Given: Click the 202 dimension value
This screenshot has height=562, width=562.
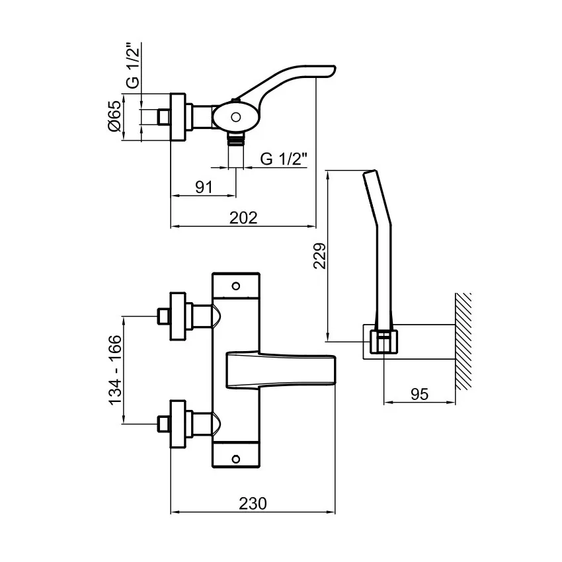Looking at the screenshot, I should pos(243,218).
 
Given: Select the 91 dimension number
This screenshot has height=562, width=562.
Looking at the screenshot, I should pos(204,186).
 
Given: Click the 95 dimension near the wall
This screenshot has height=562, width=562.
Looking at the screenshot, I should pos(419,394).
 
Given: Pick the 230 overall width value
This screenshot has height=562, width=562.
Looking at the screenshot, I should pos(253,503).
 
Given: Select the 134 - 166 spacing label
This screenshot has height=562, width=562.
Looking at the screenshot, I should pos(115,370).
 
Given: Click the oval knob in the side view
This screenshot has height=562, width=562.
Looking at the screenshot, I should pos(235,118).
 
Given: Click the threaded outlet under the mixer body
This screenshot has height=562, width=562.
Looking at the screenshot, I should pos(236,139).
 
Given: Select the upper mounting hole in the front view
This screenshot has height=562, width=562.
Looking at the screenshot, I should pos(236,286).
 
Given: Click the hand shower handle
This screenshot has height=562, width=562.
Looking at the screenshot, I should pos(380,245).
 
